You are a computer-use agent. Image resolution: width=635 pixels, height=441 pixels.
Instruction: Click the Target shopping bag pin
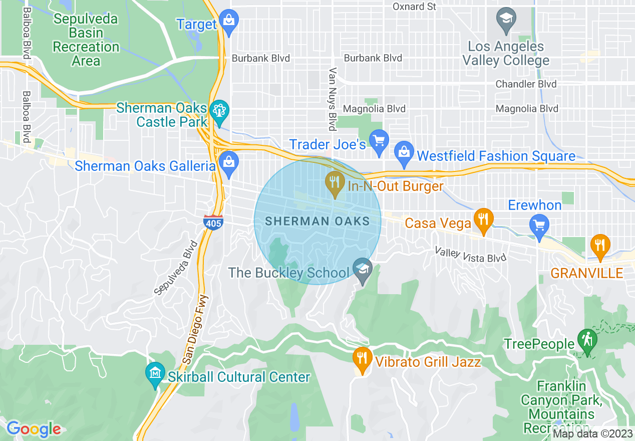(229, 22)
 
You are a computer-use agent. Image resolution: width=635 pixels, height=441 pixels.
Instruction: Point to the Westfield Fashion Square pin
(404, 153)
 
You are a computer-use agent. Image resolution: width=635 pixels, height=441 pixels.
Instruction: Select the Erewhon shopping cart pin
(539, 227)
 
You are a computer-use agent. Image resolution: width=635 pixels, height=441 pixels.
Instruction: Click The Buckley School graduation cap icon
(363, 271)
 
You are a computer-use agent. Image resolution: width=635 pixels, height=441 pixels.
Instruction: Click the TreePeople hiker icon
(585, 341)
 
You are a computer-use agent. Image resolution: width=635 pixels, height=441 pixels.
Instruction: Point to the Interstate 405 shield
(213, 222)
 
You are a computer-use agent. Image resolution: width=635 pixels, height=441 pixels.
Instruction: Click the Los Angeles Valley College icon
(506, 20)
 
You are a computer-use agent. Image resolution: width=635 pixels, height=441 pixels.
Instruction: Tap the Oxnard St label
(414, 7)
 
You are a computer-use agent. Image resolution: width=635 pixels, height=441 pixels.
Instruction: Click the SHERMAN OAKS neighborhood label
(317, 221)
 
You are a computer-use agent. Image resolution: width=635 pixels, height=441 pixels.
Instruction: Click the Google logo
(33, 429)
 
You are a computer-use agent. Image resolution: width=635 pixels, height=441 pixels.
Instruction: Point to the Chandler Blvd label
(525, 84)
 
